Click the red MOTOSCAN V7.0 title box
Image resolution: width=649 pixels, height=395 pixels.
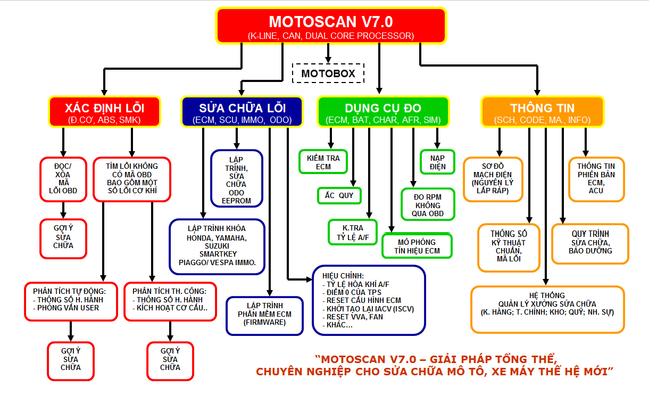331,26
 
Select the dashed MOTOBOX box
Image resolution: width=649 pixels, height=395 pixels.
328,73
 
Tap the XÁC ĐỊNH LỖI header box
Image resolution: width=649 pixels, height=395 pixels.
104,112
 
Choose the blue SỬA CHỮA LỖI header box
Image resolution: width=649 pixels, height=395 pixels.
242,112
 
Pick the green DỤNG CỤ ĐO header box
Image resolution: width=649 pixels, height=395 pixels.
383,112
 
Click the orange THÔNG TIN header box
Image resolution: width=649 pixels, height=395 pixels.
543,112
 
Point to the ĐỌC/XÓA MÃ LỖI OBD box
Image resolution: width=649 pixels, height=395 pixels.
63,179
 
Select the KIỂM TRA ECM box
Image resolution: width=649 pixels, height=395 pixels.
323,162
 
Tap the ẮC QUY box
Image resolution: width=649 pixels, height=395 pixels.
339,196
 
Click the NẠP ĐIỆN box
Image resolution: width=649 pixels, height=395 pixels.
437,162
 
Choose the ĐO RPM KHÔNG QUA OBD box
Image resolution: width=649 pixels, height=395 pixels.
428,204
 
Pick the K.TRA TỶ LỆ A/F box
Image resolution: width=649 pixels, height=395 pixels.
353,232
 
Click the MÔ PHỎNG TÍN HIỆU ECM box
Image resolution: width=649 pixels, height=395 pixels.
417,246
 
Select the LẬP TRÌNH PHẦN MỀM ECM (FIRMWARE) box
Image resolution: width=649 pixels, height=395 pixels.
264,316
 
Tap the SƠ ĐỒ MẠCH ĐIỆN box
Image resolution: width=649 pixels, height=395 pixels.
493,179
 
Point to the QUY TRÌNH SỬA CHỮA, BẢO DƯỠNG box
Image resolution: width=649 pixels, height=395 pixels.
590,244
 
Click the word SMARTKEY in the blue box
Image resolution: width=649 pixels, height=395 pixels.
218,254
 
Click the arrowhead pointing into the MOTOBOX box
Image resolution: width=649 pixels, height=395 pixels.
328,60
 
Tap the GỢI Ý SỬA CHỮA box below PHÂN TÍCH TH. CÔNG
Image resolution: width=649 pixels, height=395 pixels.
170,361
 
